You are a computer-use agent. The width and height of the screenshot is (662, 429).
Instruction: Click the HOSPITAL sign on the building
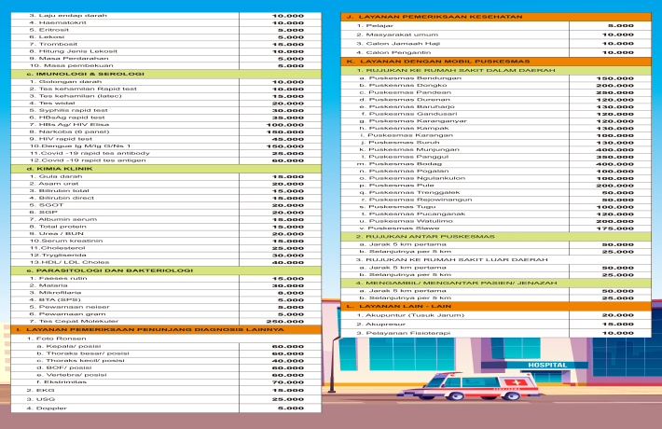547,366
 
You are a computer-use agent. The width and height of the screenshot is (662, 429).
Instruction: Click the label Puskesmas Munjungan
402,149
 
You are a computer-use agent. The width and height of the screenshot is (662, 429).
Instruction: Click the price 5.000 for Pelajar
620,25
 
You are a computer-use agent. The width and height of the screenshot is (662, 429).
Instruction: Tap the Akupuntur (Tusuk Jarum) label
403,315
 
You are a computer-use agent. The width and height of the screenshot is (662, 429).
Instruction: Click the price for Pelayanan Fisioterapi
615,332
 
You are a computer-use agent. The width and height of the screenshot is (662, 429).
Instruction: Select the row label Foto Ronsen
49,338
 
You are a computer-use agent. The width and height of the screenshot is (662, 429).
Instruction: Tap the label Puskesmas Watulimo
400,220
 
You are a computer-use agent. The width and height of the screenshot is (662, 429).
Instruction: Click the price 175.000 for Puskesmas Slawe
615,228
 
